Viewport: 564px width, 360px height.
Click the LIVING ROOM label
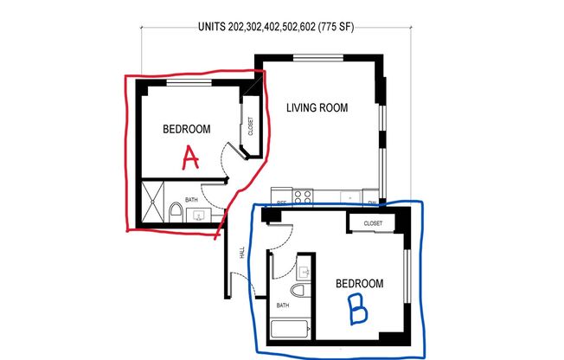[317, 108]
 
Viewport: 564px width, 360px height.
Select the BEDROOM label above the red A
[187, 129]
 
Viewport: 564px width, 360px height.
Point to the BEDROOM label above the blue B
[359, 283]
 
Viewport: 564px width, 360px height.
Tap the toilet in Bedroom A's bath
[175, 210]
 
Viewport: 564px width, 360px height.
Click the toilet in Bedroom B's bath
[299, 292]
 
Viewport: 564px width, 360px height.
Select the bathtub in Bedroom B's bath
[288, 329]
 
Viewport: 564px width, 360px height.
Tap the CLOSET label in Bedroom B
[373, 223]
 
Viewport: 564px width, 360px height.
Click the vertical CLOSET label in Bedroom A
[250, 128]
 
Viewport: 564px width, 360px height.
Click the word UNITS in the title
[212, 26]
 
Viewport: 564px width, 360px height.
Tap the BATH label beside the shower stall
[190, 199]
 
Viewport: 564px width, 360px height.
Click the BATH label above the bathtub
[283, 305]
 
